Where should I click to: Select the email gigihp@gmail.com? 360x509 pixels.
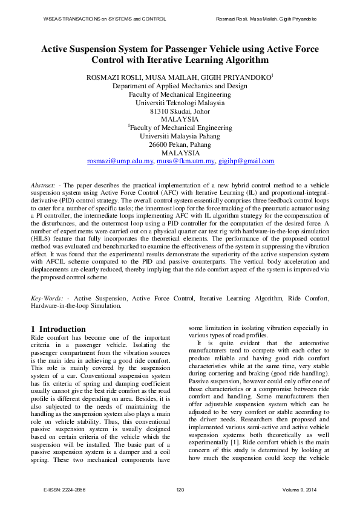tap(246, 161)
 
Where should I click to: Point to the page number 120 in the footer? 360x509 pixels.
tap(180, 490)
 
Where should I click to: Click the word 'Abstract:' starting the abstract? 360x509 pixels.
tap(44, 184)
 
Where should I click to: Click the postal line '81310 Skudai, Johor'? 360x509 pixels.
tap(180, 111)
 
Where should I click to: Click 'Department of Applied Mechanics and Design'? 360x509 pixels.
tap(180, 86)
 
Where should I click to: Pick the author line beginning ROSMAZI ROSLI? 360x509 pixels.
tap(180, 77)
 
